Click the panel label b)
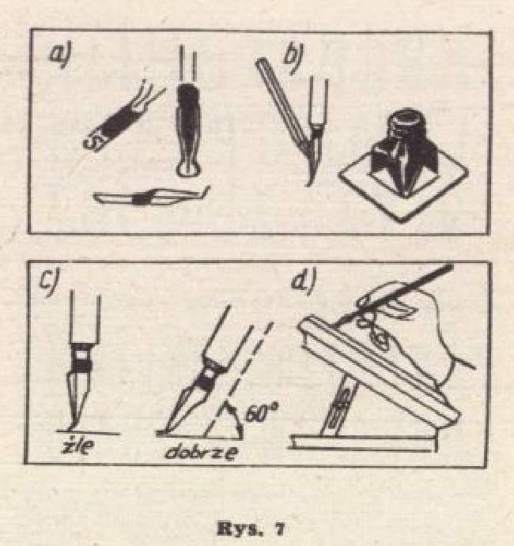tap(293, 58)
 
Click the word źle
tap(77, 446)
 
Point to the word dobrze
tap(202, 452)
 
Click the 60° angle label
tap(261, 412)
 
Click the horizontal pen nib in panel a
tap(151, 196)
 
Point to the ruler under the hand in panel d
tap(380, 369)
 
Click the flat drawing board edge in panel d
tap(362, 443)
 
